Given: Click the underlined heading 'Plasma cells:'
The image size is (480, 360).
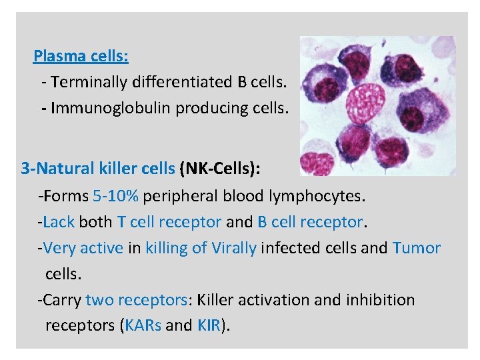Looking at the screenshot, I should [x=81, y=55].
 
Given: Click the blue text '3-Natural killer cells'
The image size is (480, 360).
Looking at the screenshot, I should [x=97, y=169].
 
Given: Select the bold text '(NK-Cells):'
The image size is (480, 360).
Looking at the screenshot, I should [x=220, y=169].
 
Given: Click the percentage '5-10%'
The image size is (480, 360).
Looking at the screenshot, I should [x=116, y=196].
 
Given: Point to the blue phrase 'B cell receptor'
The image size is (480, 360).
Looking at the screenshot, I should [x=310, y=221].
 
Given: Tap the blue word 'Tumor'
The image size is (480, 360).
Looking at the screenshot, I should [x=417, y=248].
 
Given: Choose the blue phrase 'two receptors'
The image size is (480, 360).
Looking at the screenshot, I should [x=137, y=300].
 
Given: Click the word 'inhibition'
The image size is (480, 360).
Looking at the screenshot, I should [x=380, y=300].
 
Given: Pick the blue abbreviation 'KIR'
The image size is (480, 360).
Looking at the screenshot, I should [x=209, y=325].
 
